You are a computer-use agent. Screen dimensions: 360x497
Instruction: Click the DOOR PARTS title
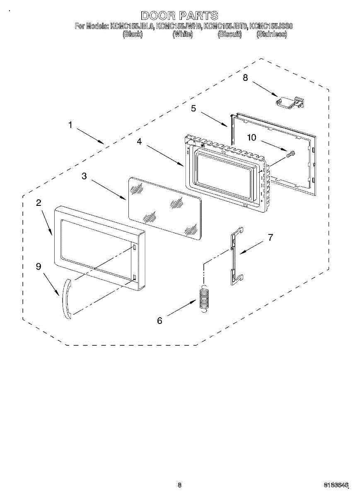point(179,16)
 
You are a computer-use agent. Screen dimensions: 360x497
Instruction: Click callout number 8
point(245,78)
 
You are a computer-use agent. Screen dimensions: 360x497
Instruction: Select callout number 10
point(252,138)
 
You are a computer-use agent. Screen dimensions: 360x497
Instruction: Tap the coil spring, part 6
point(203,297)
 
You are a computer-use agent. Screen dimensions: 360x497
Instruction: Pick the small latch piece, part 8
point(290,102)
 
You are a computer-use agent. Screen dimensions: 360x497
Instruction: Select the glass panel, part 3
point(165,207)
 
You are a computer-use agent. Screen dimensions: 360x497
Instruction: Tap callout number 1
point(70,125)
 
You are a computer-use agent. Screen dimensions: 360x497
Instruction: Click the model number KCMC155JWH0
point(179,26)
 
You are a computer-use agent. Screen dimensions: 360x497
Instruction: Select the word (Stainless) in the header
point(271,34)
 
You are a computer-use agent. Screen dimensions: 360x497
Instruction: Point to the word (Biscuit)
point(230,34)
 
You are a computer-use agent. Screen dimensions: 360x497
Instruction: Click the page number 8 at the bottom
point(179,484)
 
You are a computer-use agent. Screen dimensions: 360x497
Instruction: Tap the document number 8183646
point(336,484)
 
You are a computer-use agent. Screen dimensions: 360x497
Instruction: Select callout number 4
point(140,142)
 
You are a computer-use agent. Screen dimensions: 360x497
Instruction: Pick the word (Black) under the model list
point(133,34)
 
